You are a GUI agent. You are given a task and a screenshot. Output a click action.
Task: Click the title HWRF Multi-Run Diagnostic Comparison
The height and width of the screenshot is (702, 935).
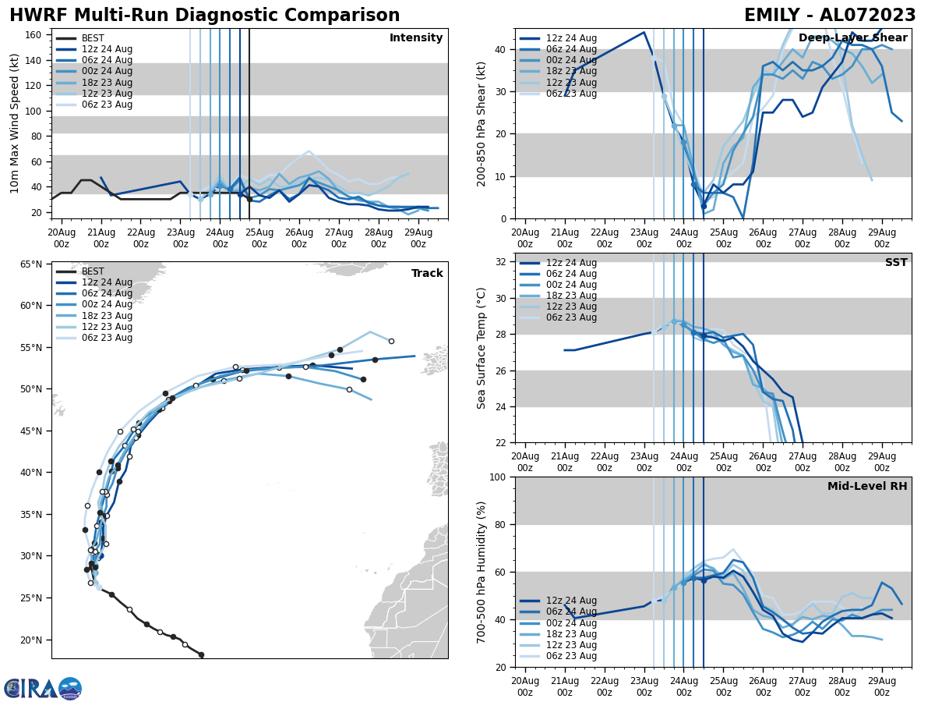point(204,16)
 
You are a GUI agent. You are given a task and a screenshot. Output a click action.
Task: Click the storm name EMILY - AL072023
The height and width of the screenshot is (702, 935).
point(830,16)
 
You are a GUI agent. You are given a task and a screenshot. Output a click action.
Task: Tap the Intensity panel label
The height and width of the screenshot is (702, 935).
point(416,38)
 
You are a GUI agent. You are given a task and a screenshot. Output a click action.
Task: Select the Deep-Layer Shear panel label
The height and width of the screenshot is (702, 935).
point(852,38)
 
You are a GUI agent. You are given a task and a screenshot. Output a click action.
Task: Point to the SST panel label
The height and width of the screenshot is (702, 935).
point(896,263)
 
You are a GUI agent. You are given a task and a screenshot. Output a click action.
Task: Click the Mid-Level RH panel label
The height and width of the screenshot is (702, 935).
point(867,487)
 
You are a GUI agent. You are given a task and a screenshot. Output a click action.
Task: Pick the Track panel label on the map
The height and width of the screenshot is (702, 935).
point(427,274)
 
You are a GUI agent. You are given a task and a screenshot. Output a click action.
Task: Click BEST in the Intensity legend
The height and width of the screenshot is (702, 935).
point(93,38)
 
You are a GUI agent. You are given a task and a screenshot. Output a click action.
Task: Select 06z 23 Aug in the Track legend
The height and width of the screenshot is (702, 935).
point(107,338)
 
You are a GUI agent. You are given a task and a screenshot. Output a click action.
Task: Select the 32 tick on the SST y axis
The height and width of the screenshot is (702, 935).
point(501,262)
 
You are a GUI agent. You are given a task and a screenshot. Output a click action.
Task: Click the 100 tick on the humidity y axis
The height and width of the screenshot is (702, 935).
point(498,477)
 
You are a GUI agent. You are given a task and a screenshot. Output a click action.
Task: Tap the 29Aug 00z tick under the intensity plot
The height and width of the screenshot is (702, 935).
point(418,238)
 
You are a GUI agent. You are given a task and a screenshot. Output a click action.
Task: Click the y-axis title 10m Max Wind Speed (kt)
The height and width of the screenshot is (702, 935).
point(15,123)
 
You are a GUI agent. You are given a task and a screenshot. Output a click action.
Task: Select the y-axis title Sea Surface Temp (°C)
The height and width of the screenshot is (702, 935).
point(482,348)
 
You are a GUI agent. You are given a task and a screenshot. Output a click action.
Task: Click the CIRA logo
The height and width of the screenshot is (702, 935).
point(42,689)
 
